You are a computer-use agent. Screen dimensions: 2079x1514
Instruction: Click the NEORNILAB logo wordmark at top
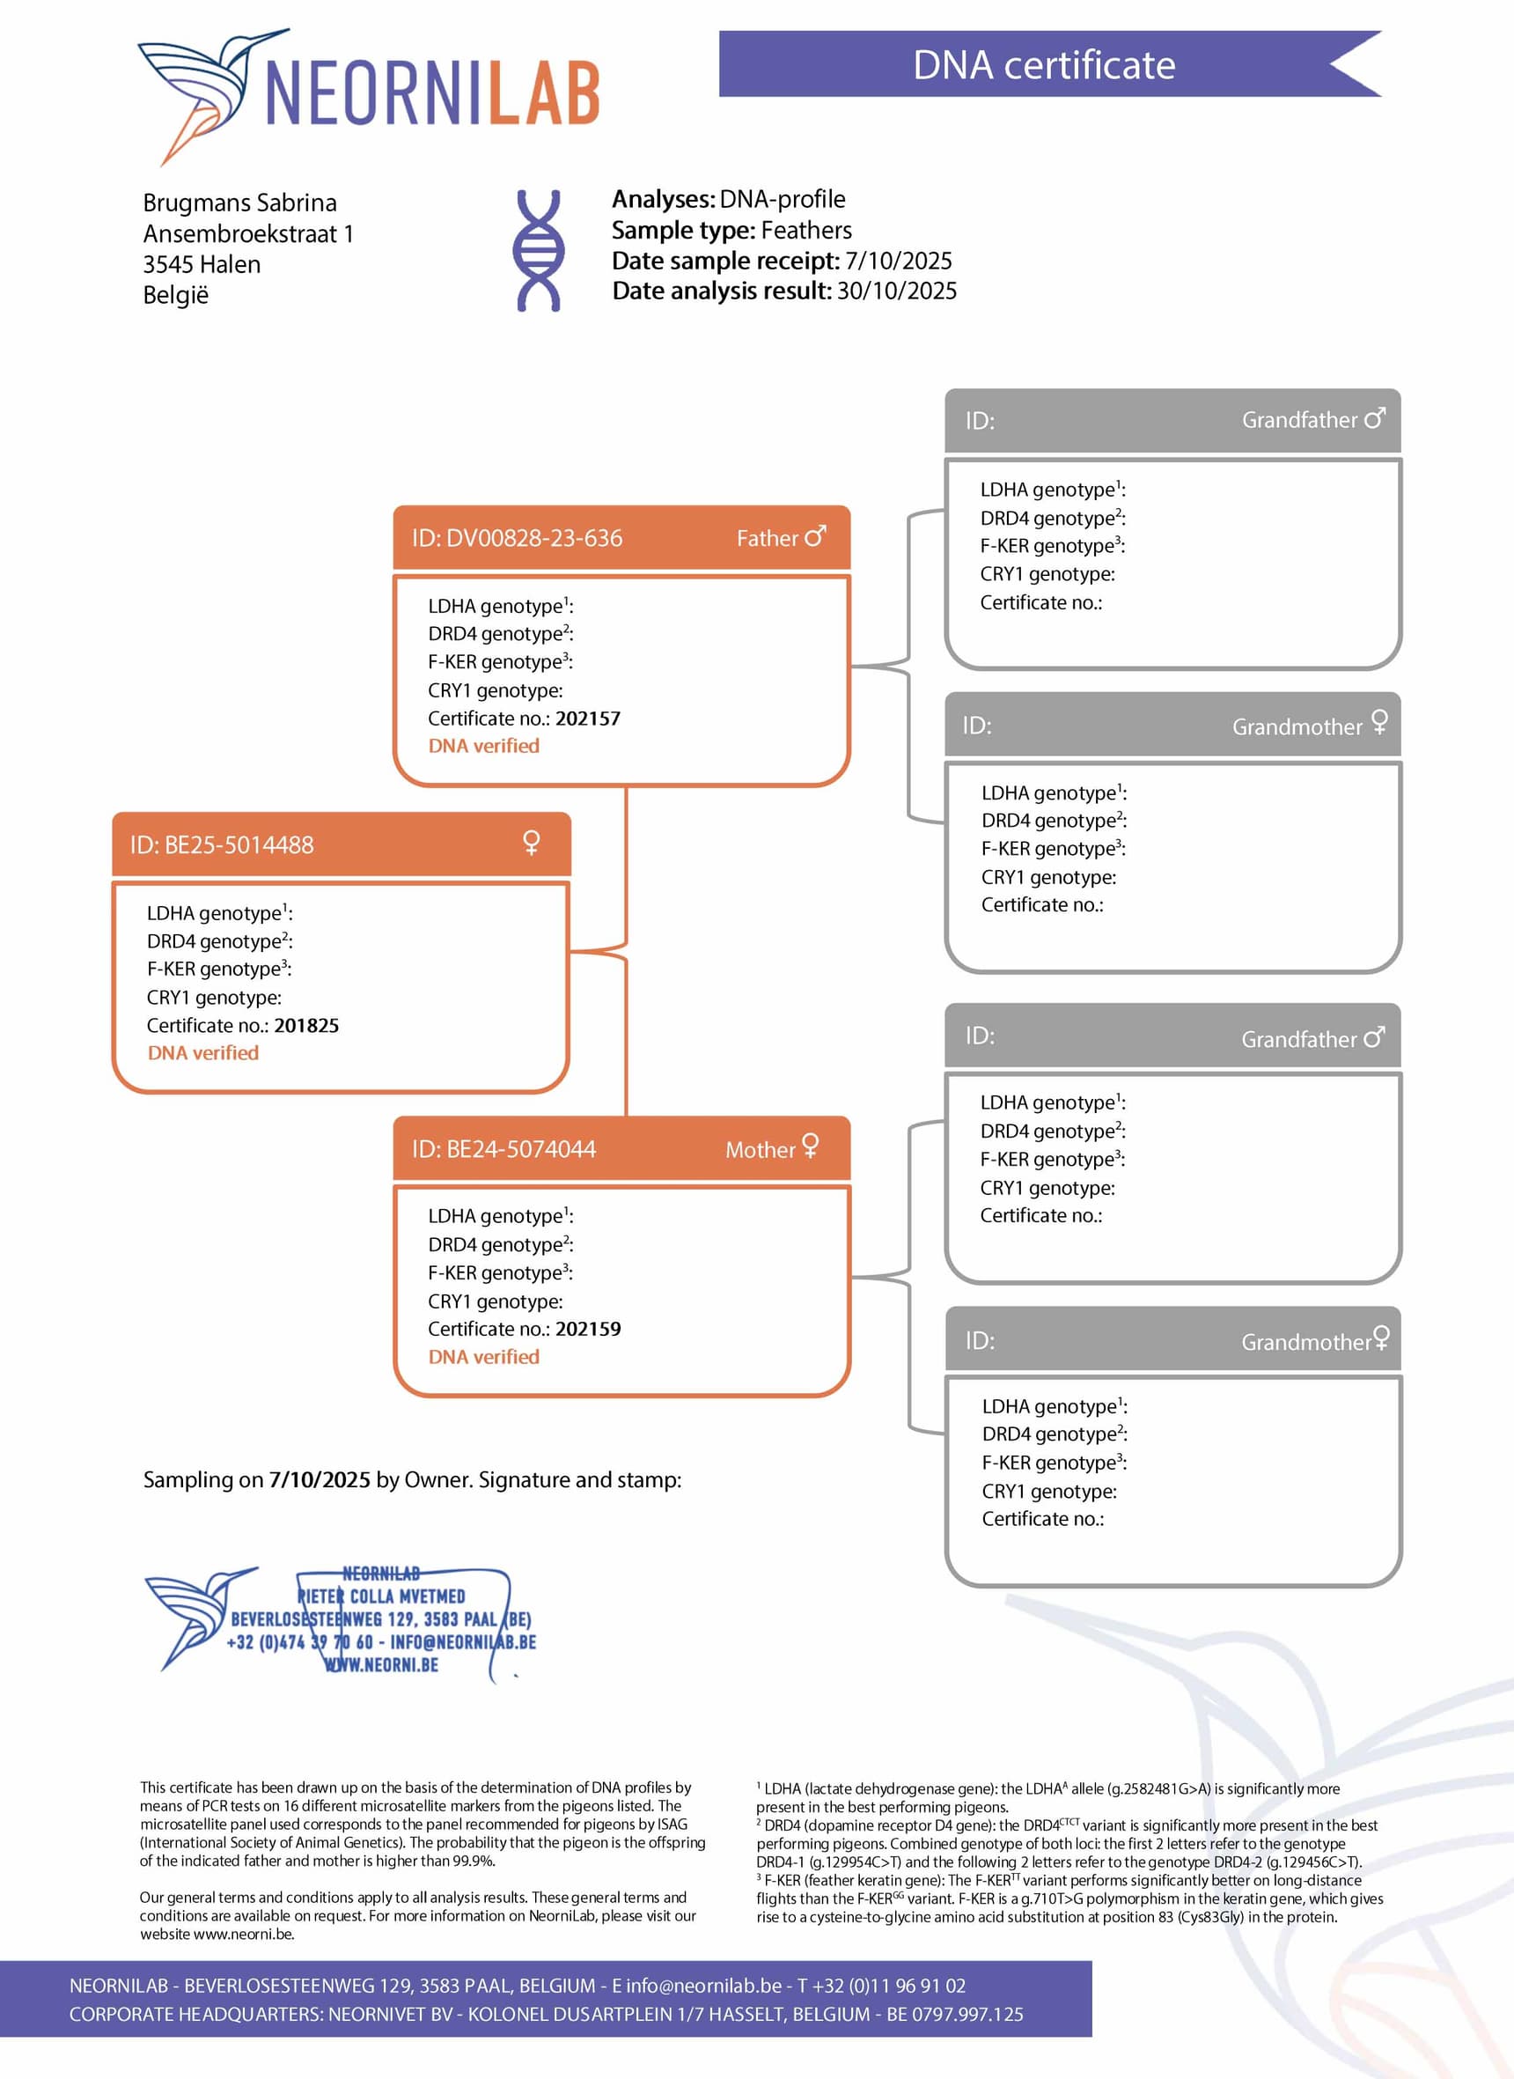click(432, 93)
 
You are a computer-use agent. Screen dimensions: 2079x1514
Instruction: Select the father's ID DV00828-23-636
click(533, 538)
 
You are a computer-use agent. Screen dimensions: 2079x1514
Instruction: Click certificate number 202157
click(587, 719)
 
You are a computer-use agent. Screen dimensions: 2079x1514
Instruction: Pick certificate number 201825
click(306, 1026)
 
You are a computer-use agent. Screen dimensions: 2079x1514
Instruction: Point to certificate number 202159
click(587, 1329)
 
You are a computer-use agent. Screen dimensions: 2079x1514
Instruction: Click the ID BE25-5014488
click(239, 845)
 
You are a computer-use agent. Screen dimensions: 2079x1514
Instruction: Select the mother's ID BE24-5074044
click(520, 1149)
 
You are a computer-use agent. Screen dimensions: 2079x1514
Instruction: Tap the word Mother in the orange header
click(760, 1150)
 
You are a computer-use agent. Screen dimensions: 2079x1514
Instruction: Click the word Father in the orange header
click(767, 539)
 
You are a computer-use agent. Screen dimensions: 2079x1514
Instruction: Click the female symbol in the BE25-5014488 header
click(531, 843)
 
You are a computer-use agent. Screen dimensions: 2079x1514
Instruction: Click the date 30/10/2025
click(896, 291)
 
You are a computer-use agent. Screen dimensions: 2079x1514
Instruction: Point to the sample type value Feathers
click(805, 230)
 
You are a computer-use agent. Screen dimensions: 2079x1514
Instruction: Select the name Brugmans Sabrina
click(239, 203)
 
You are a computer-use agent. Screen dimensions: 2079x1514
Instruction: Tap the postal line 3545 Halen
click(202, 265)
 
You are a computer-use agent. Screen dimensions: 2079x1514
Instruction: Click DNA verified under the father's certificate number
click(484, 746)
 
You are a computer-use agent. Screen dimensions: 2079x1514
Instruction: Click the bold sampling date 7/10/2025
click(319, 1480)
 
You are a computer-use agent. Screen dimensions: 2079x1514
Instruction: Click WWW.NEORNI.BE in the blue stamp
click(382, 1664)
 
